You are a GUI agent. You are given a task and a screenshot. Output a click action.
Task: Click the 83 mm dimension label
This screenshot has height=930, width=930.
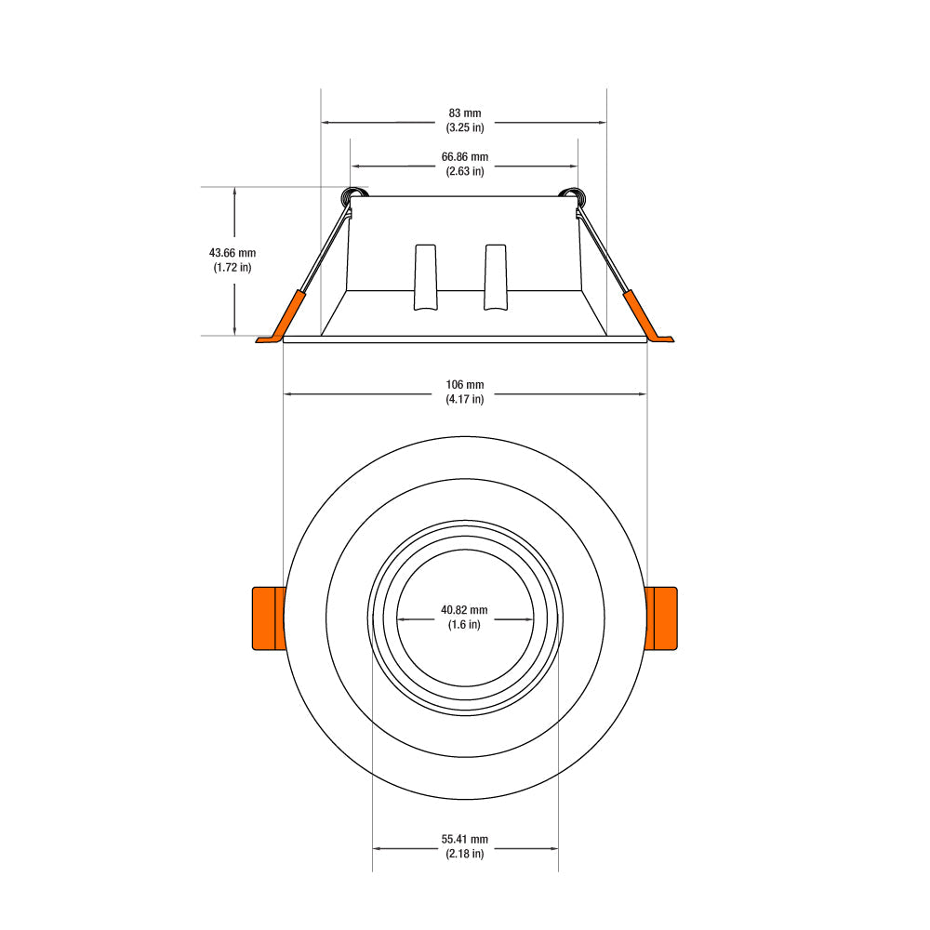click(x=465, y=113)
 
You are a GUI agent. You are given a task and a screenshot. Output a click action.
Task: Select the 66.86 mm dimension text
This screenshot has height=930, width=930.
click(x=465, y=156)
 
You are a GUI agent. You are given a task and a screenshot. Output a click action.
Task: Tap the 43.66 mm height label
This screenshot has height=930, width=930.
click(x=232, y=253)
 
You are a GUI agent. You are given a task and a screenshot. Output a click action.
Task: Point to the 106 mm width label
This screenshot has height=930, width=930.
click(x=465, y=384)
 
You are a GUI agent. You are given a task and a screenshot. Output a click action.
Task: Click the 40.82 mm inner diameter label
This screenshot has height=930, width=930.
click(x=464, y=610)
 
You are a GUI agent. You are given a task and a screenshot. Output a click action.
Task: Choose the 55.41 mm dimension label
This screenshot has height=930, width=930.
click(x=465, y=839)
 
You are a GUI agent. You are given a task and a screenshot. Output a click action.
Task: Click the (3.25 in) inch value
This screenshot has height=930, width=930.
click(x=465, y=127)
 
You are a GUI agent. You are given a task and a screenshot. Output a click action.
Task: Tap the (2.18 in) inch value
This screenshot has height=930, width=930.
click(x=465, y=854)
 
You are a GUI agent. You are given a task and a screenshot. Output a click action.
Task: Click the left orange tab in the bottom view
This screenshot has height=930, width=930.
click(x=270, y=618)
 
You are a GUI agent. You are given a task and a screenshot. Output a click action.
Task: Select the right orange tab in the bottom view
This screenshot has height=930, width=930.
click(x=660, y=618)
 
